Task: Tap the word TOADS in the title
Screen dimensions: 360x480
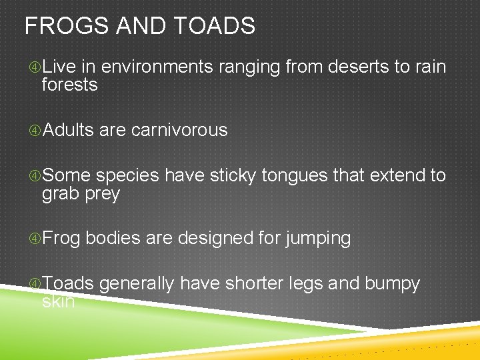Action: [x=216, y=27]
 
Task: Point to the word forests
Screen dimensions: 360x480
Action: [x=69, y=85]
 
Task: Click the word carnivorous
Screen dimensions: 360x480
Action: [x=179, y=131]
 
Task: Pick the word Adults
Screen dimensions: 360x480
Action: [x=68, y=131]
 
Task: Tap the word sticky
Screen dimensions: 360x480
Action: [x=233, y=176]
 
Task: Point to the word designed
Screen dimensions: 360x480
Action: [x=217, y=239]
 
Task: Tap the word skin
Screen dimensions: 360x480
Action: [x=58, y=302]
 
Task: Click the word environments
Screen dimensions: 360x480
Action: [x=157, y=67]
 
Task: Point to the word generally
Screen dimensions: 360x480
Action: [x=137, y=285]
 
